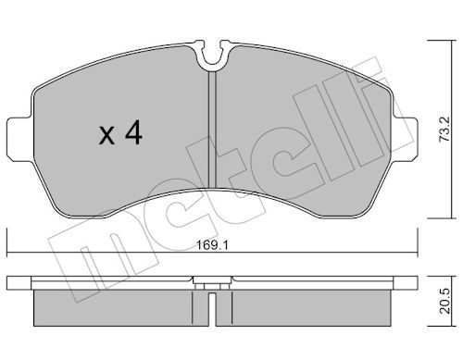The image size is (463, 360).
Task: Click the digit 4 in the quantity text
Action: click(133, 135)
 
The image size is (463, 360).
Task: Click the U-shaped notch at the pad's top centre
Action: click(213, 57)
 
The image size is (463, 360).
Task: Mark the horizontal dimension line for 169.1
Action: click(111, 254)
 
